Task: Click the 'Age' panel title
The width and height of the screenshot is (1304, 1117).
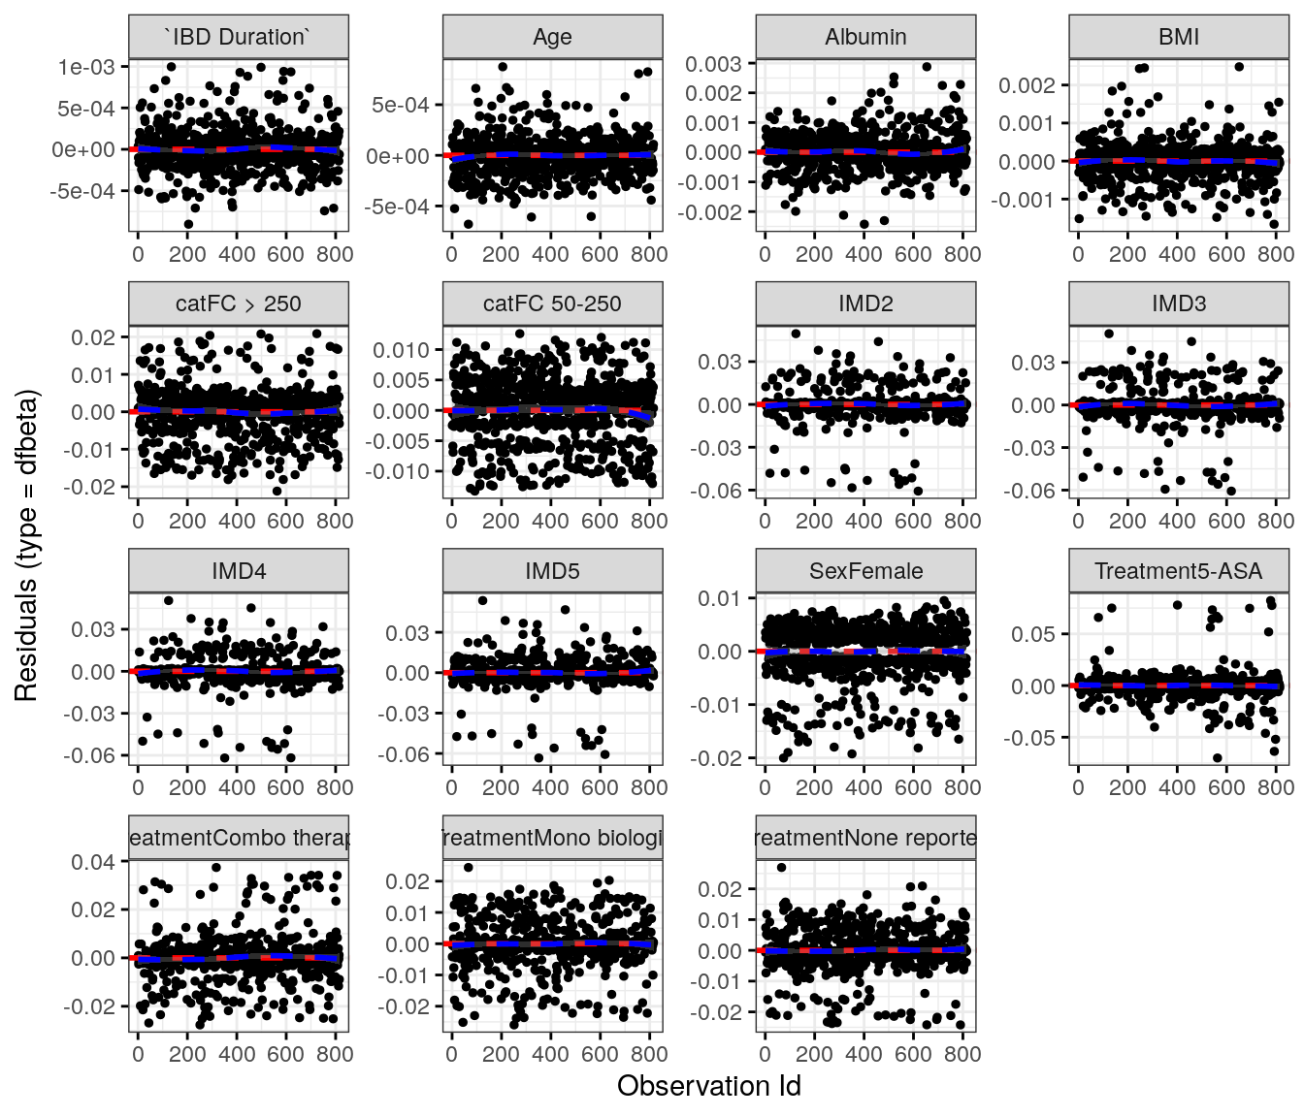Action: [552, 38]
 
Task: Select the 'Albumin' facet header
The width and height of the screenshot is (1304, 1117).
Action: [865, 38]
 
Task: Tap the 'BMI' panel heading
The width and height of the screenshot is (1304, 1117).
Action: [1179, 38]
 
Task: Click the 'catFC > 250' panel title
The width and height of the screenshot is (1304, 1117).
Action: [239, 304]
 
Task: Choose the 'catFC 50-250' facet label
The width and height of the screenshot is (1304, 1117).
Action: [552, 304]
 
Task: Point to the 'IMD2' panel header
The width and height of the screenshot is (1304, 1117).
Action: [865, 304]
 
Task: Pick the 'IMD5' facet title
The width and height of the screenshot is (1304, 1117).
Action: [552, 572]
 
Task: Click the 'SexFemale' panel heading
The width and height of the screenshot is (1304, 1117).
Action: [865, 572]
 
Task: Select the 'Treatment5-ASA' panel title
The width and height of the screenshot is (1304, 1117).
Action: [1179, 572]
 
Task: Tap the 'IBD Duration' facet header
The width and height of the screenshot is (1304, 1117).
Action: [239, 38]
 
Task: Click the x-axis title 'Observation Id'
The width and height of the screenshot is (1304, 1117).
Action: [709, 1086]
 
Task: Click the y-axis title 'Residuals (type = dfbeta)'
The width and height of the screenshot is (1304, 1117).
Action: [26, 546]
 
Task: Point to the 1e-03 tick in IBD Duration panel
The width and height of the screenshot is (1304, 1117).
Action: [86, 67]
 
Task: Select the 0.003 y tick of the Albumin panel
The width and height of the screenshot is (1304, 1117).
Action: [713, 64]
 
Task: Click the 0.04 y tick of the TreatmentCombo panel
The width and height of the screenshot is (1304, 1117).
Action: [93, 862]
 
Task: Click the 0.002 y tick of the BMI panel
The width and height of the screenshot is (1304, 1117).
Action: [1027, 85]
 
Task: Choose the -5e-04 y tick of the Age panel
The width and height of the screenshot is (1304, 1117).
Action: [397, 207]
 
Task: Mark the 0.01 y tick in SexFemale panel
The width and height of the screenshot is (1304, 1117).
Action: [720, 598]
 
